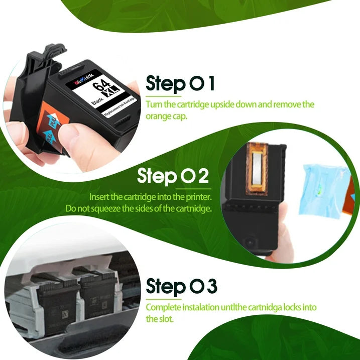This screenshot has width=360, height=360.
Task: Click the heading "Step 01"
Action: tap(180, 83)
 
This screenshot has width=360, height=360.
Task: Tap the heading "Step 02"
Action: tap(173, 177)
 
